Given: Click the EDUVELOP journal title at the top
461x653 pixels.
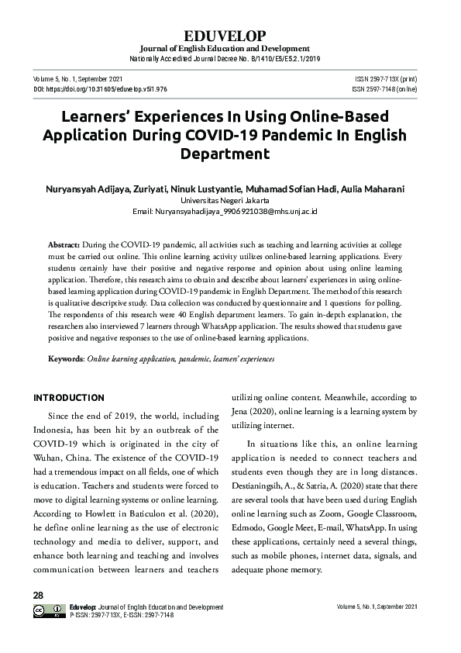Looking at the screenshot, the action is point(229,36).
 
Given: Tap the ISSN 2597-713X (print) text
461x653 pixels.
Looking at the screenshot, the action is point(385,78).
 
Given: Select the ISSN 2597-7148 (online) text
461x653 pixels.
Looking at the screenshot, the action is point(384,89).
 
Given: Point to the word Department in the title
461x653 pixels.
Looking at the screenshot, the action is point(230,153).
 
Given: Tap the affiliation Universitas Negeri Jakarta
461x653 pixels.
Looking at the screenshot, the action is point(230,200).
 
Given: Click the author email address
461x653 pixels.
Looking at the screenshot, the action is point(230,211).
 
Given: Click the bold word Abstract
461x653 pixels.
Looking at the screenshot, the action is point(63,243).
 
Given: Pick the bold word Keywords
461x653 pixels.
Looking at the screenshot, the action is point(66,360).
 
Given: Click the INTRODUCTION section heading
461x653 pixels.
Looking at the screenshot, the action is point(68,398).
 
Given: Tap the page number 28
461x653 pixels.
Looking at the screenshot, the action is point(38,595).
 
